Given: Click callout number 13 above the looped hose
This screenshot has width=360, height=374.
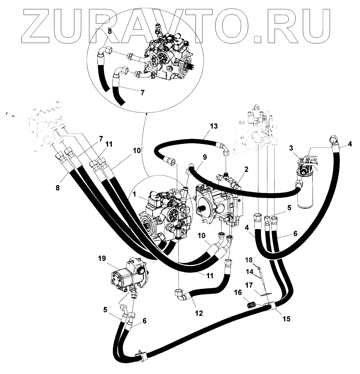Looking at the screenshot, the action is tap(214, 126).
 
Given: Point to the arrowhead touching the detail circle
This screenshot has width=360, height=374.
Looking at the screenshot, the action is tap(146, 112).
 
